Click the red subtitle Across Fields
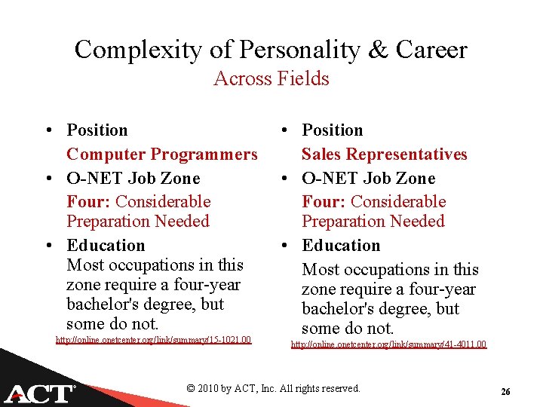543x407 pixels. click(271, 78)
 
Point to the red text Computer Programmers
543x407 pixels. click(162, 155)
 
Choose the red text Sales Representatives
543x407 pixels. click(385, 155)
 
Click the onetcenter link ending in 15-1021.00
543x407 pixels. click(153, 340)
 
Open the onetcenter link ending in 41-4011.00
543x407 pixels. click(388, 344)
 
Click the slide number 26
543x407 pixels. click(505, 392)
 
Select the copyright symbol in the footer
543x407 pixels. click(191, 389)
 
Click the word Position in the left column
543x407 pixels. click(97, 130)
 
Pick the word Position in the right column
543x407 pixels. click(333, 130)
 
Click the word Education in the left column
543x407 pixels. click(106, 246)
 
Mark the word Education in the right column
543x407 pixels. click(341, 246)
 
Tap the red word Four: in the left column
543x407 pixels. click(89, 202)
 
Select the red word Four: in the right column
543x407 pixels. click(324, 202)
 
